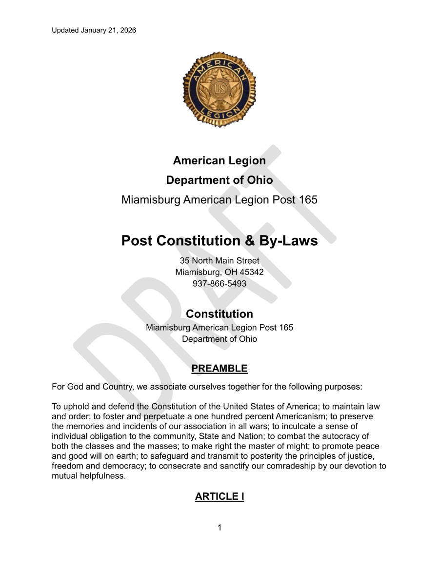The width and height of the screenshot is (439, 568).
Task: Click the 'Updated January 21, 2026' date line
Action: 94,30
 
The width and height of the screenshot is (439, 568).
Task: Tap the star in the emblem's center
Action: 219,90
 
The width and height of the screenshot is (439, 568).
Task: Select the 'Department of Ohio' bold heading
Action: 219,180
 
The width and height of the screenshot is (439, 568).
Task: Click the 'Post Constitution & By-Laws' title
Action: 219,241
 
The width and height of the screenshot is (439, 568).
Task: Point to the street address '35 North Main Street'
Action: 219,261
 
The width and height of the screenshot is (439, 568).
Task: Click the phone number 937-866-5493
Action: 219,283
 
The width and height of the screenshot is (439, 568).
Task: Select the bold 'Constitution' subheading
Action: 219,313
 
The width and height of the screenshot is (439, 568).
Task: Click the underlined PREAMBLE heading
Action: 219,369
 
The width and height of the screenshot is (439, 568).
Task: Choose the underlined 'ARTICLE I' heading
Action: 219,496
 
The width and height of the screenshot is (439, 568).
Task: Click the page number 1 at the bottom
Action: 219,528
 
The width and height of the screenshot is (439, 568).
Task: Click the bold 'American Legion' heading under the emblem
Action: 219,160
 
